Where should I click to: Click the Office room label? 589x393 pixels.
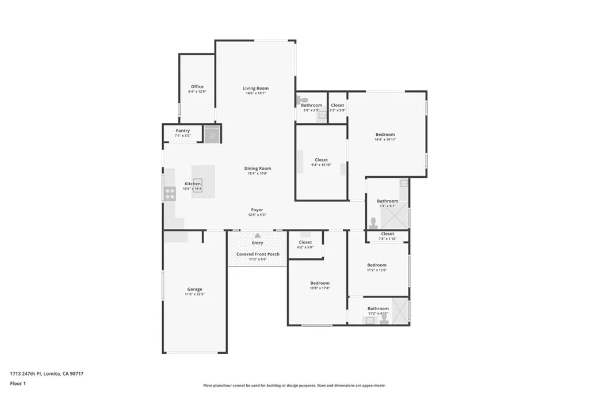(x=197, y=87)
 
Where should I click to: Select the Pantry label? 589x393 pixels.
(x=183, y=131)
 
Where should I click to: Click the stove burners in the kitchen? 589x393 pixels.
(x=170, y=193)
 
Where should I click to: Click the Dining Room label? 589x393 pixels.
(x=259, y=169)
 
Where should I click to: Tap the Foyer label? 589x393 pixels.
(x=257, y=210)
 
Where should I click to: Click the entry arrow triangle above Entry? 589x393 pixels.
(x=257, y=235)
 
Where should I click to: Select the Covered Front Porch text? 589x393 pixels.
(x=258, y=254)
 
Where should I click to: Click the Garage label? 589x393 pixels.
(x=194, y=289)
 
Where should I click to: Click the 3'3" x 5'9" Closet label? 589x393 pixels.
(x=338, y=105)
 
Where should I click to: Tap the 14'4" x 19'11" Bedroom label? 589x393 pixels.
(x=385, y=135)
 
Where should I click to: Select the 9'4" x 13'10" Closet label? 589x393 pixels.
(x=321, y=160)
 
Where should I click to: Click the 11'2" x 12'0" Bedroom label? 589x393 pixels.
(x=377, y=265)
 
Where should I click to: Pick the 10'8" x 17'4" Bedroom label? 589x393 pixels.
(x=320, y=283)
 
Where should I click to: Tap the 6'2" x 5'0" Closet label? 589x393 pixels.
(x=305, y=242)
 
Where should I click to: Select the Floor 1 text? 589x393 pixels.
(x=18, y=383)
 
